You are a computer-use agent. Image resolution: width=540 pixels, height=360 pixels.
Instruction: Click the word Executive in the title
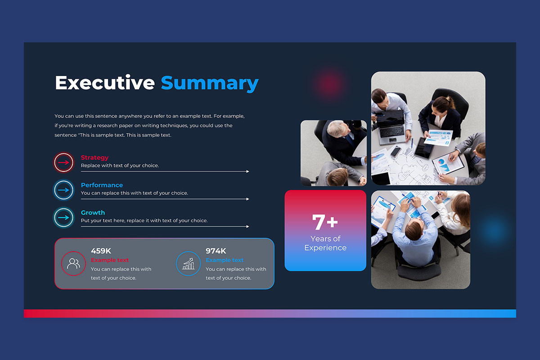(x=105, y=83)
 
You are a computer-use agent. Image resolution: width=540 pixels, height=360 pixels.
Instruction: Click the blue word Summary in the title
(x=210, y=84)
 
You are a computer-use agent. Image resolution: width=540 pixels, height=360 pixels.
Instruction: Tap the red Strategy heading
(x=94, y=157)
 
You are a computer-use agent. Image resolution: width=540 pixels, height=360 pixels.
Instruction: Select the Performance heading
(x=102, y=185)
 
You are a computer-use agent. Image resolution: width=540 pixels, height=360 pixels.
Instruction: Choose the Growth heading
(x=93, y=213)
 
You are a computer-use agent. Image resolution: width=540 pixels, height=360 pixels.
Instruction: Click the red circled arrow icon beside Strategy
(x=63, y=162)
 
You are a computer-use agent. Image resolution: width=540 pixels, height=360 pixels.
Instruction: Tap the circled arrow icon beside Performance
(x=63, y=190)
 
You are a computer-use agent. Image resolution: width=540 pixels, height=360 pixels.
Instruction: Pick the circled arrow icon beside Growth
(x=63, y=217)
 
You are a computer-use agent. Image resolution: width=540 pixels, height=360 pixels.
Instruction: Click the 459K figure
(x=101, y=251)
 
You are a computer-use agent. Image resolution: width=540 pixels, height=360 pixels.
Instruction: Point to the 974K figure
(x=216, y=251)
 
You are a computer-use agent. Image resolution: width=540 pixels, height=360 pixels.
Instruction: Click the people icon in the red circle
(x=73, y=264)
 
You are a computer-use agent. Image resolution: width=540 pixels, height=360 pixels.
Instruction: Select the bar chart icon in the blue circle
(x=188, y=264)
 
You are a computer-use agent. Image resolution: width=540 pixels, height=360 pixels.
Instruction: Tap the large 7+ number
(x=325, y=222)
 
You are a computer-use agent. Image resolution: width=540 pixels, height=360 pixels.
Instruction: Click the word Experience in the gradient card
(x=325, y=247)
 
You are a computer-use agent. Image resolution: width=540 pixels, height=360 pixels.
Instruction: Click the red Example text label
(x=110, y=260)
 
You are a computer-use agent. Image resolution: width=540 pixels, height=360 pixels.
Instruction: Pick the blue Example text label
(x=225, y=260)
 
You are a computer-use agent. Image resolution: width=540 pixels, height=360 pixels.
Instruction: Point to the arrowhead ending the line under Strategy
(x=247, y=171)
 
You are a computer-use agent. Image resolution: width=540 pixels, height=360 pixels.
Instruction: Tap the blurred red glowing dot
(x=329, y=83)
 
